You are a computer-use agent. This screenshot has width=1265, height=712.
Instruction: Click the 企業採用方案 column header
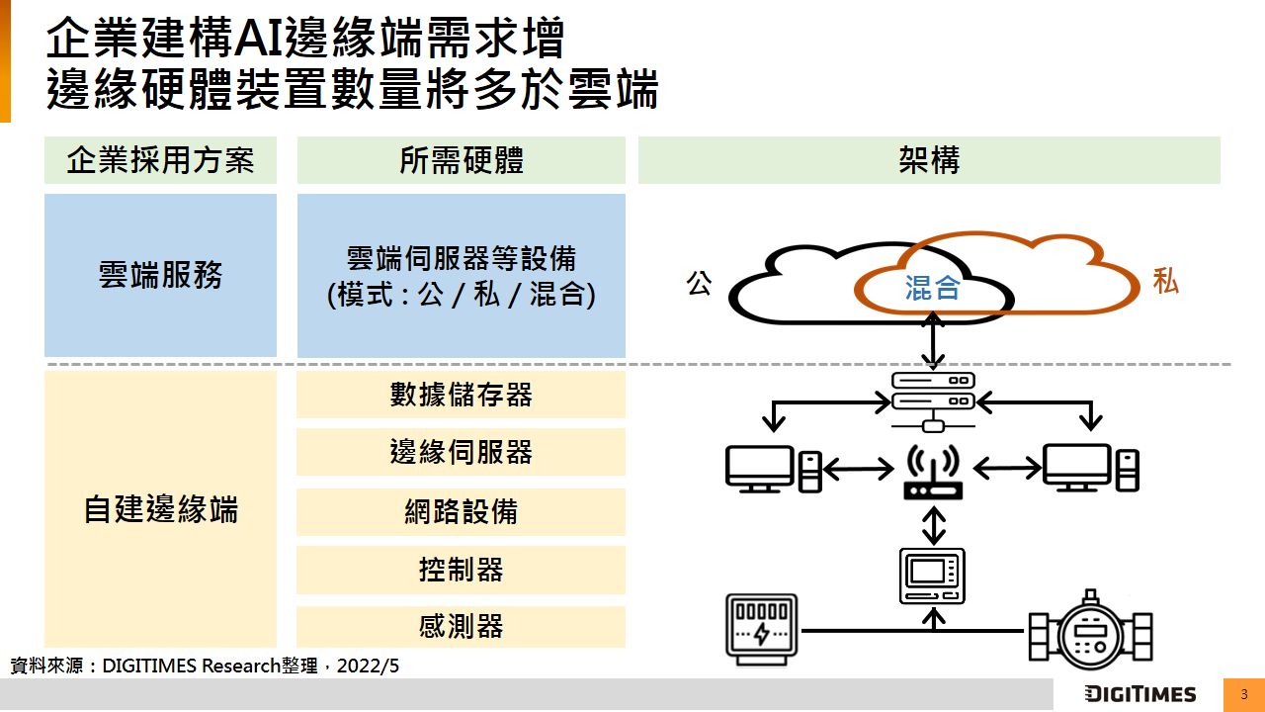click(160, 160)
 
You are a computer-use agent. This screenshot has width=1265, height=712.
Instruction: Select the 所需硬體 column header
click(461, 160)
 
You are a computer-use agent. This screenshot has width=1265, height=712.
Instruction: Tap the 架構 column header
click(929, 160)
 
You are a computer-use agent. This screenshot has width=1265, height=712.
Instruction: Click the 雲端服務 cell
click(160, 275)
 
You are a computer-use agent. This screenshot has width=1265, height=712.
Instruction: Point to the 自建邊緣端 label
click(160, 509)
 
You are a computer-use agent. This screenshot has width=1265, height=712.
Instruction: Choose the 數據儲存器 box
click(461, 395)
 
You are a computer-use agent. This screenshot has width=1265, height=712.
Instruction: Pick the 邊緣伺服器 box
click(461, 452)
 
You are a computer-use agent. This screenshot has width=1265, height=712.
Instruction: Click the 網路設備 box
click(461, 511)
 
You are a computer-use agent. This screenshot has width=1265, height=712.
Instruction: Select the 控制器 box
click(461, 570)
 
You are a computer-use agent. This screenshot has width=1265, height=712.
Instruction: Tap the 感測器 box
click(461, 626)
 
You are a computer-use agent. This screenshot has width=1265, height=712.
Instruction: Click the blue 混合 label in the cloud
click(932, 288)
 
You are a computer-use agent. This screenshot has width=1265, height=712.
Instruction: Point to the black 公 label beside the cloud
click(699, 285)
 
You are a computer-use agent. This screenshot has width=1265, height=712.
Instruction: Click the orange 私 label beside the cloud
click(1165, 282)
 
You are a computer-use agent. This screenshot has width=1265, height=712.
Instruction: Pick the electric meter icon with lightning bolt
click(760, 626)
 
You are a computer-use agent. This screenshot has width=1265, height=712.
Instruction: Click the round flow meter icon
click(1090, 629)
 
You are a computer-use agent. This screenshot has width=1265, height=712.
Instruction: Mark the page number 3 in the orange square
click(1244, 694)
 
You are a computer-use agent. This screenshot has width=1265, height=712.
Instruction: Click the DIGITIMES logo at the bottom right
click(1139, 694)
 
